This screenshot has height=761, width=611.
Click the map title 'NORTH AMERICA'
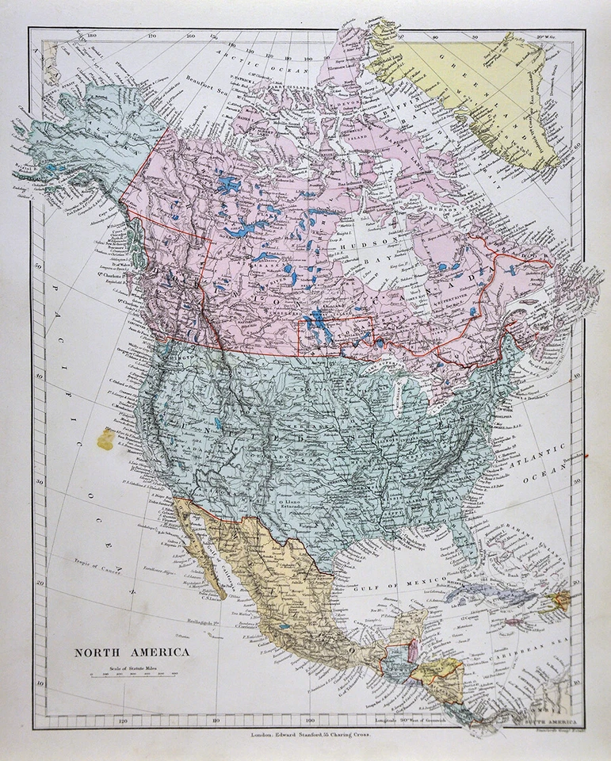click(x=132, y=653)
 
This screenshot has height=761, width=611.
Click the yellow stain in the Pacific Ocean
click(x=105, y=438)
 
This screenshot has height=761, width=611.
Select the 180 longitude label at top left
click(x=91, y=36)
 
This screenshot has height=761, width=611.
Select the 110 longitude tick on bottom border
click(x=216, y=721)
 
